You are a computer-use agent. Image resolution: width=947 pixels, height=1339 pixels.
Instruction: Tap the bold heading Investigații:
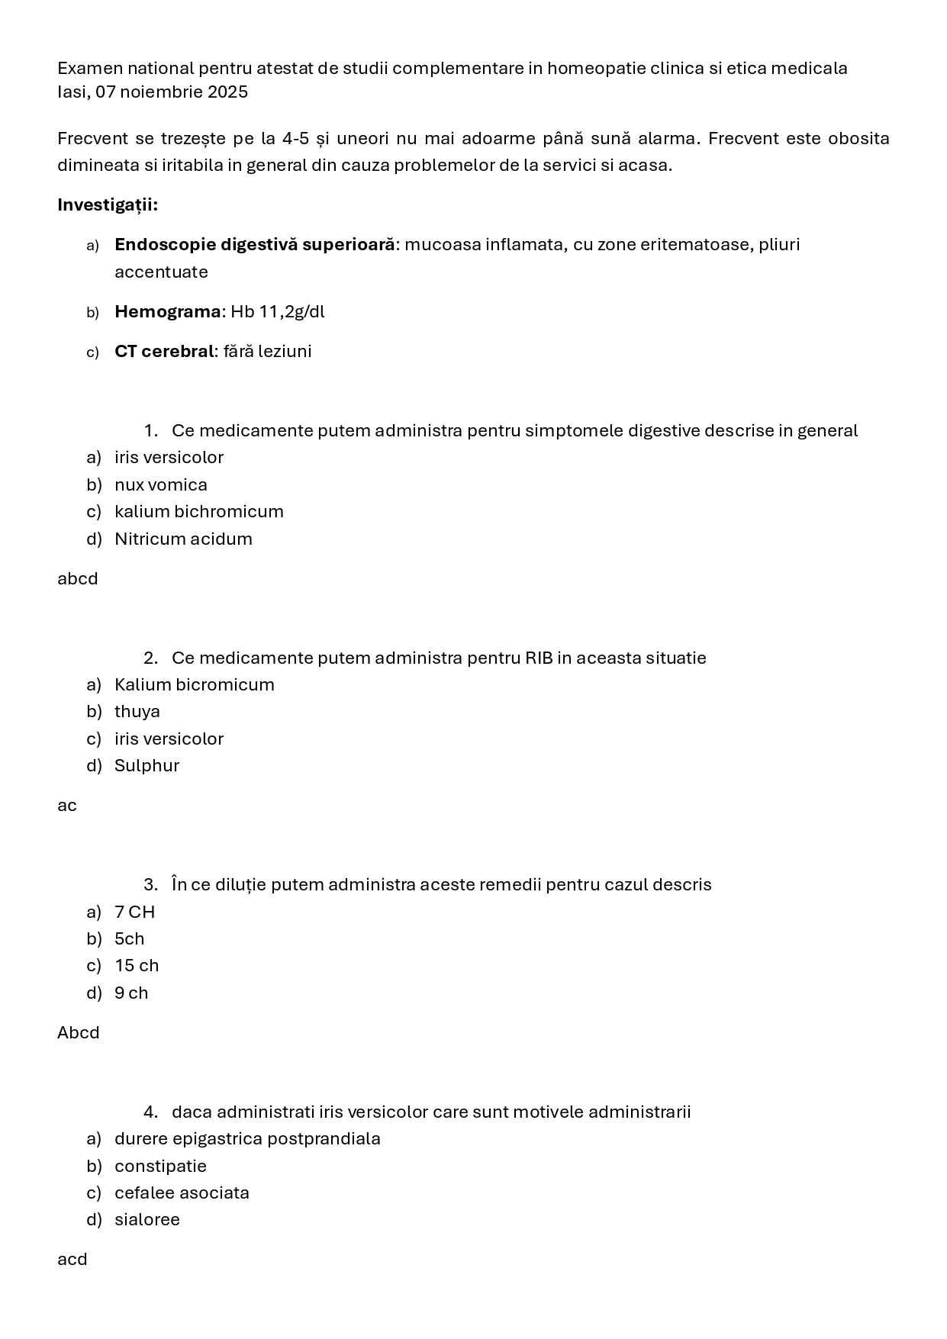(x=108, y=205)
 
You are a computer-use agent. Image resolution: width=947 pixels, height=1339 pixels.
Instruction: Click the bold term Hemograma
(x=167, y=312)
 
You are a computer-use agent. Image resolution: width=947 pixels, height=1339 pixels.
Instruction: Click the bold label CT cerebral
(x=164, y=352)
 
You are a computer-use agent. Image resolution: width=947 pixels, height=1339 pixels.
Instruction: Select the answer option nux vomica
(x=161, y=485)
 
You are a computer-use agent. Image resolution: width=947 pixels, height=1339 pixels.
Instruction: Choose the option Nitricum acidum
(x=183, y=539)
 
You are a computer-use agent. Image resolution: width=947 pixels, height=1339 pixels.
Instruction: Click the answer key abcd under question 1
(x=78, y=579)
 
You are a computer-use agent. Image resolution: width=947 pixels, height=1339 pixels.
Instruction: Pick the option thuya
(x=137, y=712)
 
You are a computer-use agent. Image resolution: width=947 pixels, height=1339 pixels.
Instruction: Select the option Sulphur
(x=147, y=766)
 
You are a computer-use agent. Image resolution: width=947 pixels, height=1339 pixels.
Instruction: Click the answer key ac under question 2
(x=67, y=806)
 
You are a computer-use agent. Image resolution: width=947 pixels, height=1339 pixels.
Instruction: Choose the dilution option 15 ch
(x=137, y=966)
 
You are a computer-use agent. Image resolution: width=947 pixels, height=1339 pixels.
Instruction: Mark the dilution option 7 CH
(x=134, y=913)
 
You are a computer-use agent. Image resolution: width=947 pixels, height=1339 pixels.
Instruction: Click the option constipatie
(x=160, y=1167)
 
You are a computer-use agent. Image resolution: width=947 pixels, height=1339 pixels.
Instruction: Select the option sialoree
(x=147, y=1220)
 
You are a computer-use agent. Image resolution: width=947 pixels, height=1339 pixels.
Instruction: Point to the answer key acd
(x=72, y=1260)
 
